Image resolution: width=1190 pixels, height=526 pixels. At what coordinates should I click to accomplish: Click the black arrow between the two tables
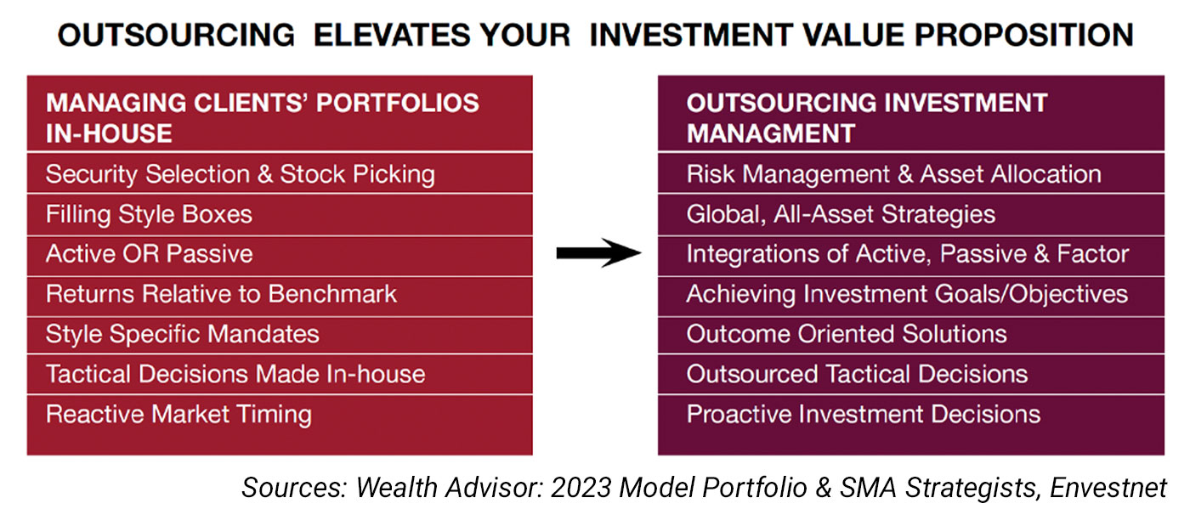point(598,253)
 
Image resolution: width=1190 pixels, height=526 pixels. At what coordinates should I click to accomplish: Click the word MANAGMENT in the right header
point(770,133)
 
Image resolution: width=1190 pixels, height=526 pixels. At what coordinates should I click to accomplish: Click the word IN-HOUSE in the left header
point(109,133)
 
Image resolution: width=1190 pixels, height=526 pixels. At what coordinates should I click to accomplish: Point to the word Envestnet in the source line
point(1108,487)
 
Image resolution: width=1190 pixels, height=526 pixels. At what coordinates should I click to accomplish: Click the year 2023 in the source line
point(581,487)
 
